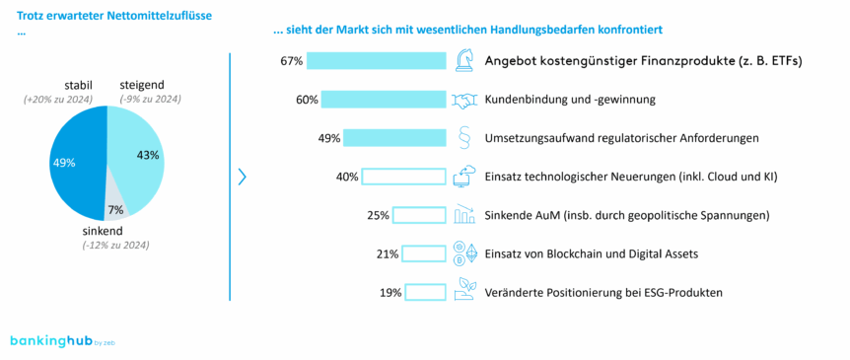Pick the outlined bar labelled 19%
click(x=426, y=292)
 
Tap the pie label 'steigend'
click(x=144, y=85)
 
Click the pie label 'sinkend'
click(x=103, y=231)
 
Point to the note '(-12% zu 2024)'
click(x=115, y=245)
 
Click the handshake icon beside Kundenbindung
click(x=464, y=100)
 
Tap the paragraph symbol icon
click(x=464, y=138)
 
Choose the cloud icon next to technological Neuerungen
click(x=464, y=177)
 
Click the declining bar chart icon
click(x=464, y=215)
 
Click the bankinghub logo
click(x=60, y=340)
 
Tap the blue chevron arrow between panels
click(x=243, y=177)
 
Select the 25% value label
click(x=378, y=215)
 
